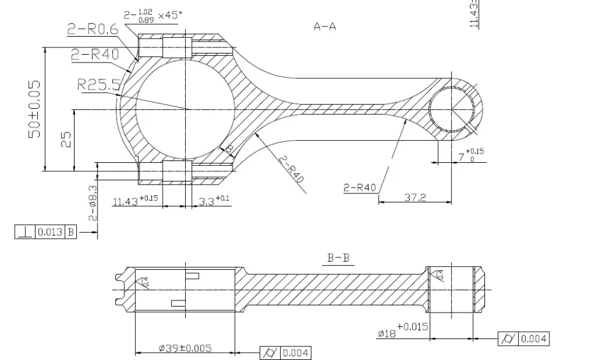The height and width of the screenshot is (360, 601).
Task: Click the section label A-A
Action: pyautogui.click(x=325, y=26)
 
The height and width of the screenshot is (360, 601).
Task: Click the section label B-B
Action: pyautogui.click(x=338, y=259)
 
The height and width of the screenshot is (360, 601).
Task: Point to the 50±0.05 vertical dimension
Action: pyautogui.click(x=35, y=109)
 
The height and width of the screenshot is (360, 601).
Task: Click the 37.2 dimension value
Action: pyautogui.click(x=414, y=197)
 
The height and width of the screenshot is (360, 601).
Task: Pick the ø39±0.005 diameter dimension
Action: pyautogui.click(x=185, y=348)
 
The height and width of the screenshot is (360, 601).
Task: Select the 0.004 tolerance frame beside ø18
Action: pyautogui.click(x=523, y=339)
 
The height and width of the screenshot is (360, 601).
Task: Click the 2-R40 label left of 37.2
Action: pyautogui.click(x=359, y=188)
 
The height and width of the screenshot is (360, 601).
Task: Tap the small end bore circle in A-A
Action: pyautogui.click(x=451, y=109)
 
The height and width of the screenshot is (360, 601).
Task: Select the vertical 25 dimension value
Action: pyautogui.click(x=67, y=139)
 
